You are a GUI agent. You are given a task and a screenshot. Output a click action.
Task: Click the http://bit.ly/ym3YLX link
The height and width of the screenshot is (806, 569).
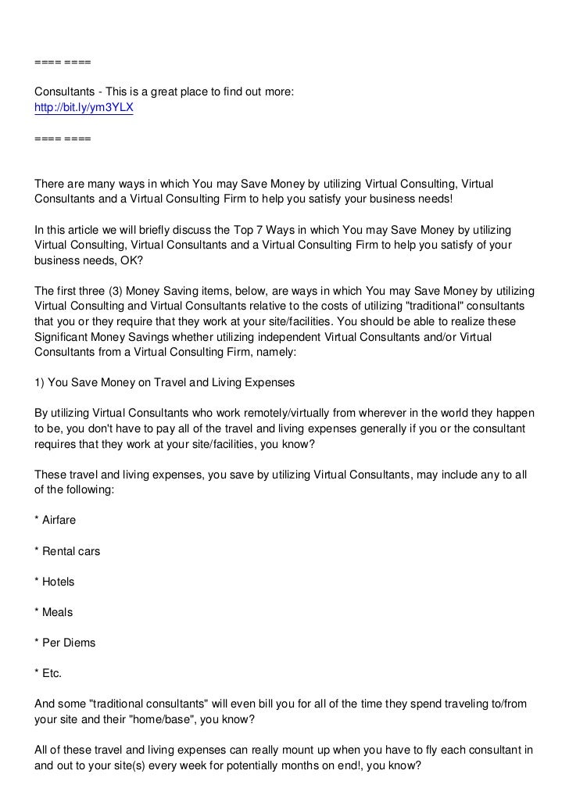(x=84, y=108)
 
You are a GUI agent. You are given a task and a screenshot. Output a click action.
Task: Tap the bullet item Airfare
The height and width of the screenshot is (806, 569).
(x=55, y=521)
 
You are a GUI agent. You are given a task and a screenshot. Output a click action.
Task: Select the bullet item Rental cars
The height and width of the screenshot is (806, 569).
(x=67, y=551)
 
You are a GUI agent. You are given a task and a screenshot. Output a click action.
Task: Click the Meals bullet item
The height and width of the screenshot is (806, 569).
(x=54, y=612)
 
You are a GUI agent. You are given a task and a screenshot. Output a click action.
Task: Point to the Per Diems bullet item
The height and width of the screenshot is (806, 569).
(x=65, y=643)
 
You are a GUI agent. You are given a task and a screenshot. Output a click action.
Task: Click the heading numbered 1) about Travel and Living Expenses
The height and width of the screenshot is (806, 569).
(x=163, y=383)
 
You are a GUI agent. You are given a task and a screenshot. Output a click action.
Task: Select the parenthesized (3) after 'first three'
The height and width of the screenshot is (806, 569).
(x=123, y=291)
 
